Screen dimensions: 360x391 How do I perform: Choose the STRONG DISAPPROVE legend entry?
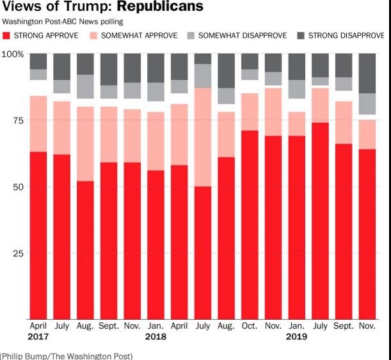pos(345,36)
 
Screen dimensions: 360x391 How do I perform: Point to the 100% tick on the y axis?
pos(13,54)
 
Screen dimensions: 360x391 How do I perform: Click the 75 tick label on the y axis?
pos(17,120)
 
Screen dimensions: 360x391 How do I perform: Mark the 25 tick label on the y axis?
pos(17,253)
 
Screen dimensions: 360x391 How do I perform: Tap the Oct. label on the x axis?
pos(250,325)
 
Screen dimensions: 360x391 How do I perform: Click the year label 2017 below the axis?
pos(38,336)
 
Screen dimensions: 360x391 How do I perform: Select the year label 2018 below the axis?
pos(156,336)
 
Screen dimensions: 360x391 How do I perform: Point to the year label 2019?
pos(296,336)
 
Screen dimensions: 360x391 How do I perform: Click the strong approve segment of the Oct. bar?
pos(250,224)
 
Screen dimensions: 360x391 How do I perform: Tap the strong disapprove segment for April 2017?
pos(38,61)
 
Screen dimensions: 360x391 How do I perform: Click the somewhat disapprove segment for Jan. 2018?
pos(156,92)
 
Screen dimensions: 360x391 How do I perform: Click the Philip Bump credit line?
pos(67,356)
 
